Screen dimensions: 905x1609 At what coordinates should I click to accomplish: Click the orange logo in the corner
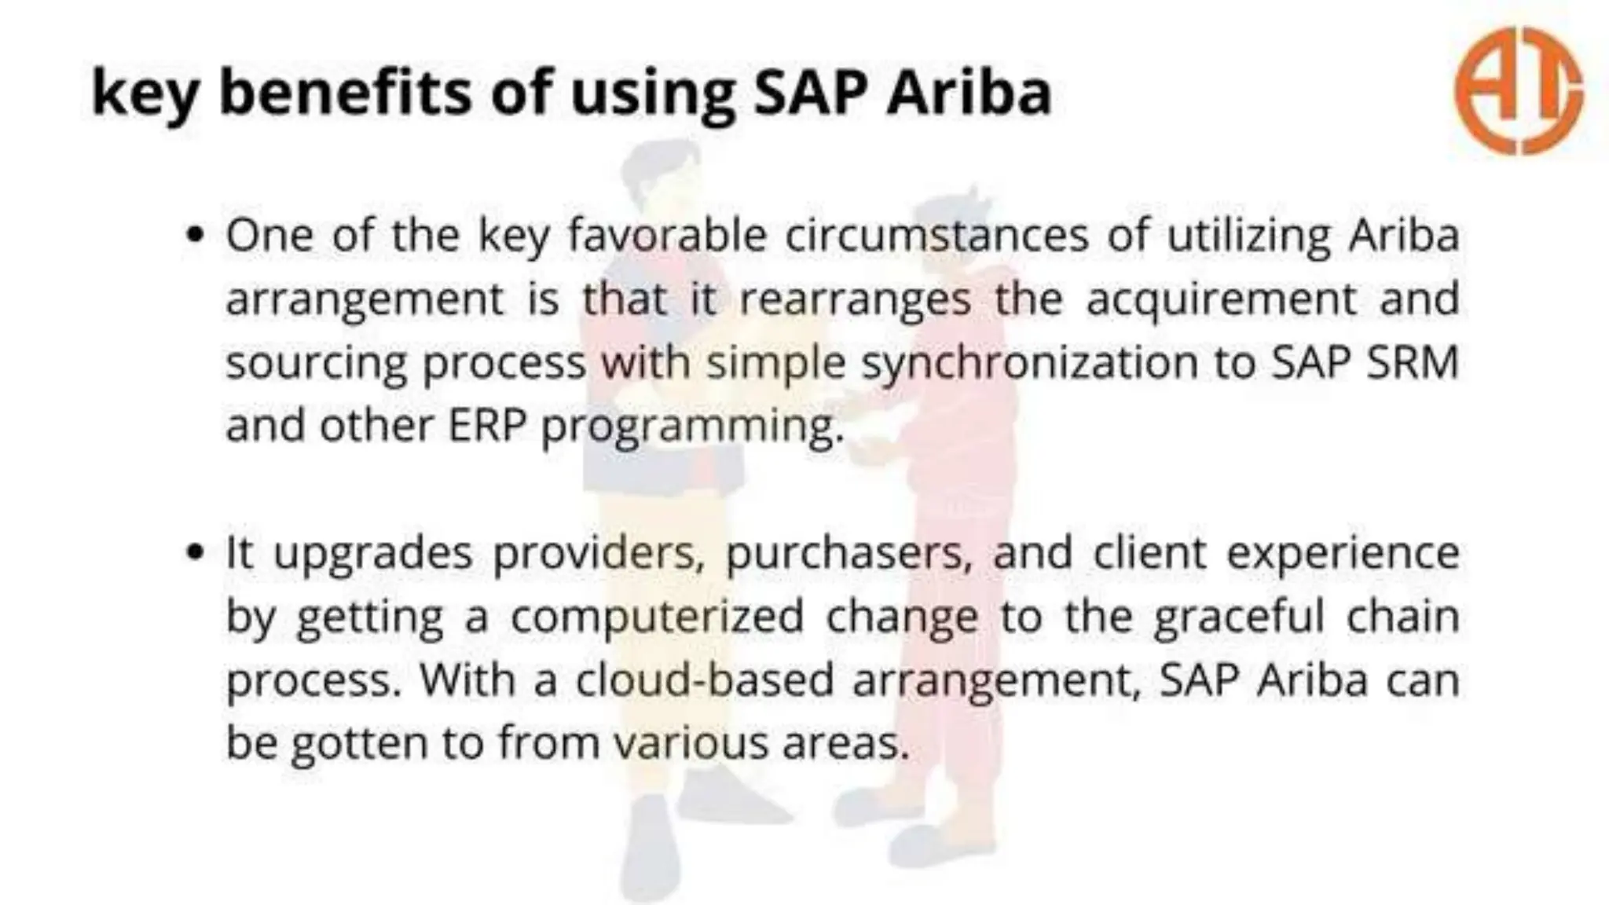1518,90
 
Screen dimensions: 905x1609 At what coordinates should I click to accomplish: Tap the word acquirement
1222,299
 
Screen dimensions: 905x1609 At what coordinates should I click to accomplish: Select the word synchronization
1029,363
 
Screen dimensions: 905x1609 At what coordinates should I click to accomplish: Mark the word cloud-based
705,680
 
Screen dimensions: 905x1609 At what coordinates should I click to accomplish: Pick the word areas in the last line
845,743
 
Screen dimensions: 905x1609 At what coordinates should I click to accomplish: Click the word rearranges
856,299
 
